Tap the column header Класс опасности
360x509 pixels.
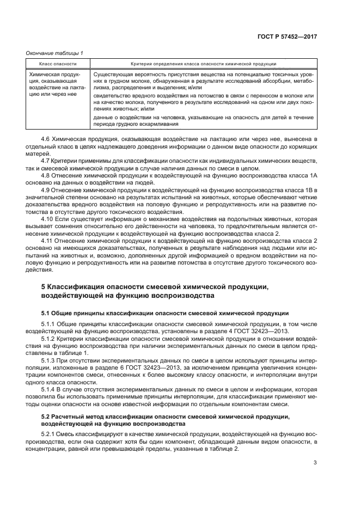[x=58, y=64]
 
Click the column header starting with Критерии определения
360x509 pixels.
[x=203, y=64]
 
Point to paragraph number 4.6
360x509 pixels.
[x=47, y=140]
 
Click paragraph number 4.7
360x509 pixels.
[x=47, y=161]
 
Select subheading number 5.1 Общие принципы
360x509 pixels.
[x=47, y=314]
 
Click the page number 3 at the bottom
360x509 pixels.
[x=315, y=463]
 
